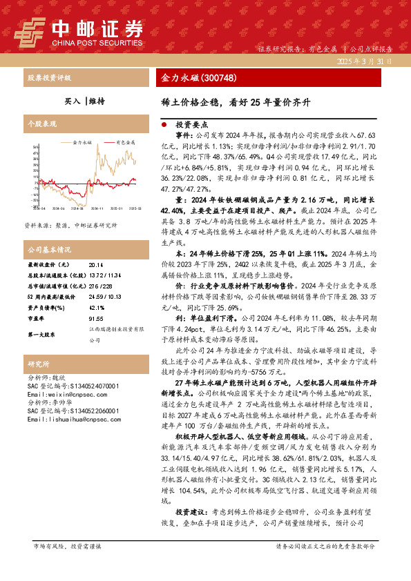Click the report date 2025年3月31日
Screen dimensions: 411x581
pyautogui.click(x=369, y=61)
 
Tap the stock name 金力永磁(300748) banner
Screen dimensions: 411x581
pyautogui.click(x=189, y=77)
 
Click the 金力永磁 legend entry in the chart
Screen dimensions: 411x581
pyautogui.click(x=79, y=142)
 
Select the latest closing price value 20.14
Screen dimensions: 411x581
pyautogui.click(x=96, y=264)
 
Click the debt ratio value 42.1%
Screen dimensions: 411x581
pyautogui.click(x=96, y=308)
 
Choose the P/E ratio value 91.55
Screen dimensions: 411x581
pyautogui.click(x=96, y=319)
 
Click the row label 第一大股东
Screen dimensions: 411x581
pyautogui.click(x=42, y=334)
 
